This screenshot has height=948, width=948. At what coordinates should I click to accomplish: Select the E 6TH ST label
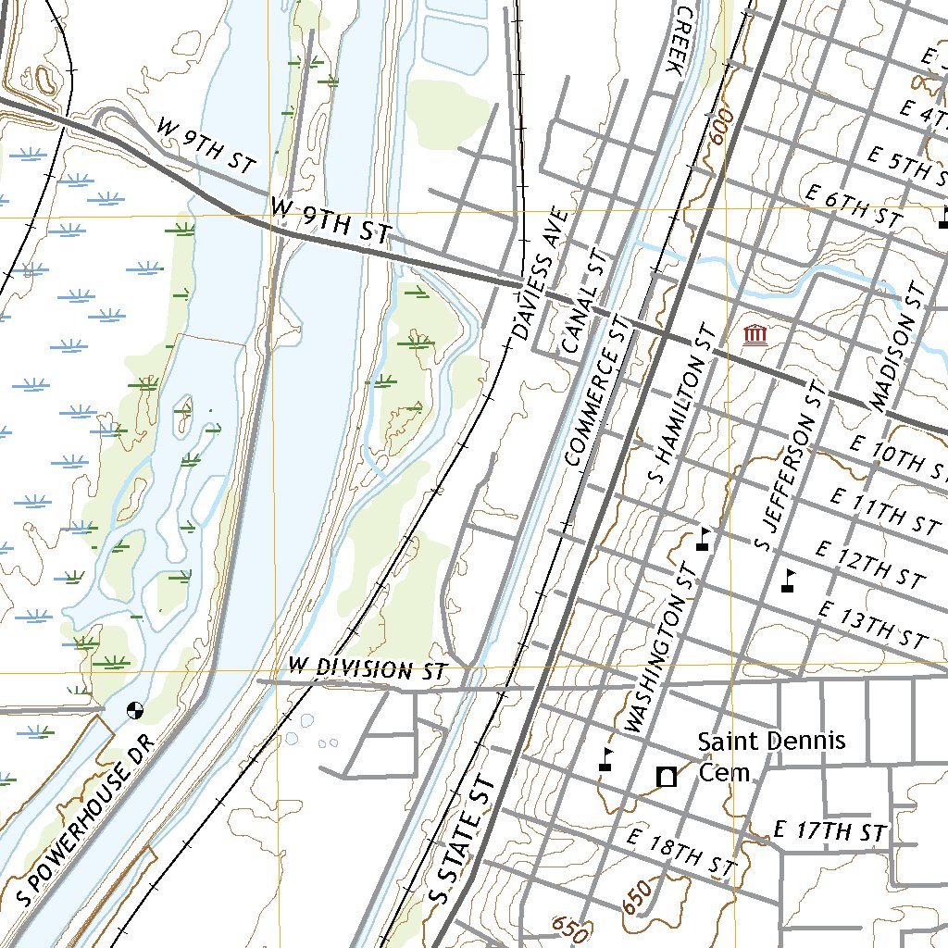[853, 206]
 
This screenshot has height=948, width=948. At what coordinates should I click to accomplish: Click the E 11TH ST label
[885, 511]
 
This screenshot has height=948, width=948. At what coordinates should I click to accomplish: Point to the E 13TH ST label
[872, 624]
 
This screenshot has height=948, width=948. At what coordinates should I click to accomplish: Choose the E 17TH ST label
[830, 832]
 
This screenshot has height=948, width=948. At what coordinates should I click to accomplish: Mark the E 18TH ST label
[680, 853]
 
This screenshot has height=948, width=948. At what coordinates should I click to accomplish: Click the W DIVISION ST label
[368, 669]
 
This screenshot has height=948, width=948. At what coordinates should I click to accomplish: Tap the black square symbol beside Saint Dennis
[665, 777]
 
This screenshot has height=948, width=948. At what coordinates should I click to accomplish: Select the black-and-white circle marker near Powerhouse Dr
[134, 710]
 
